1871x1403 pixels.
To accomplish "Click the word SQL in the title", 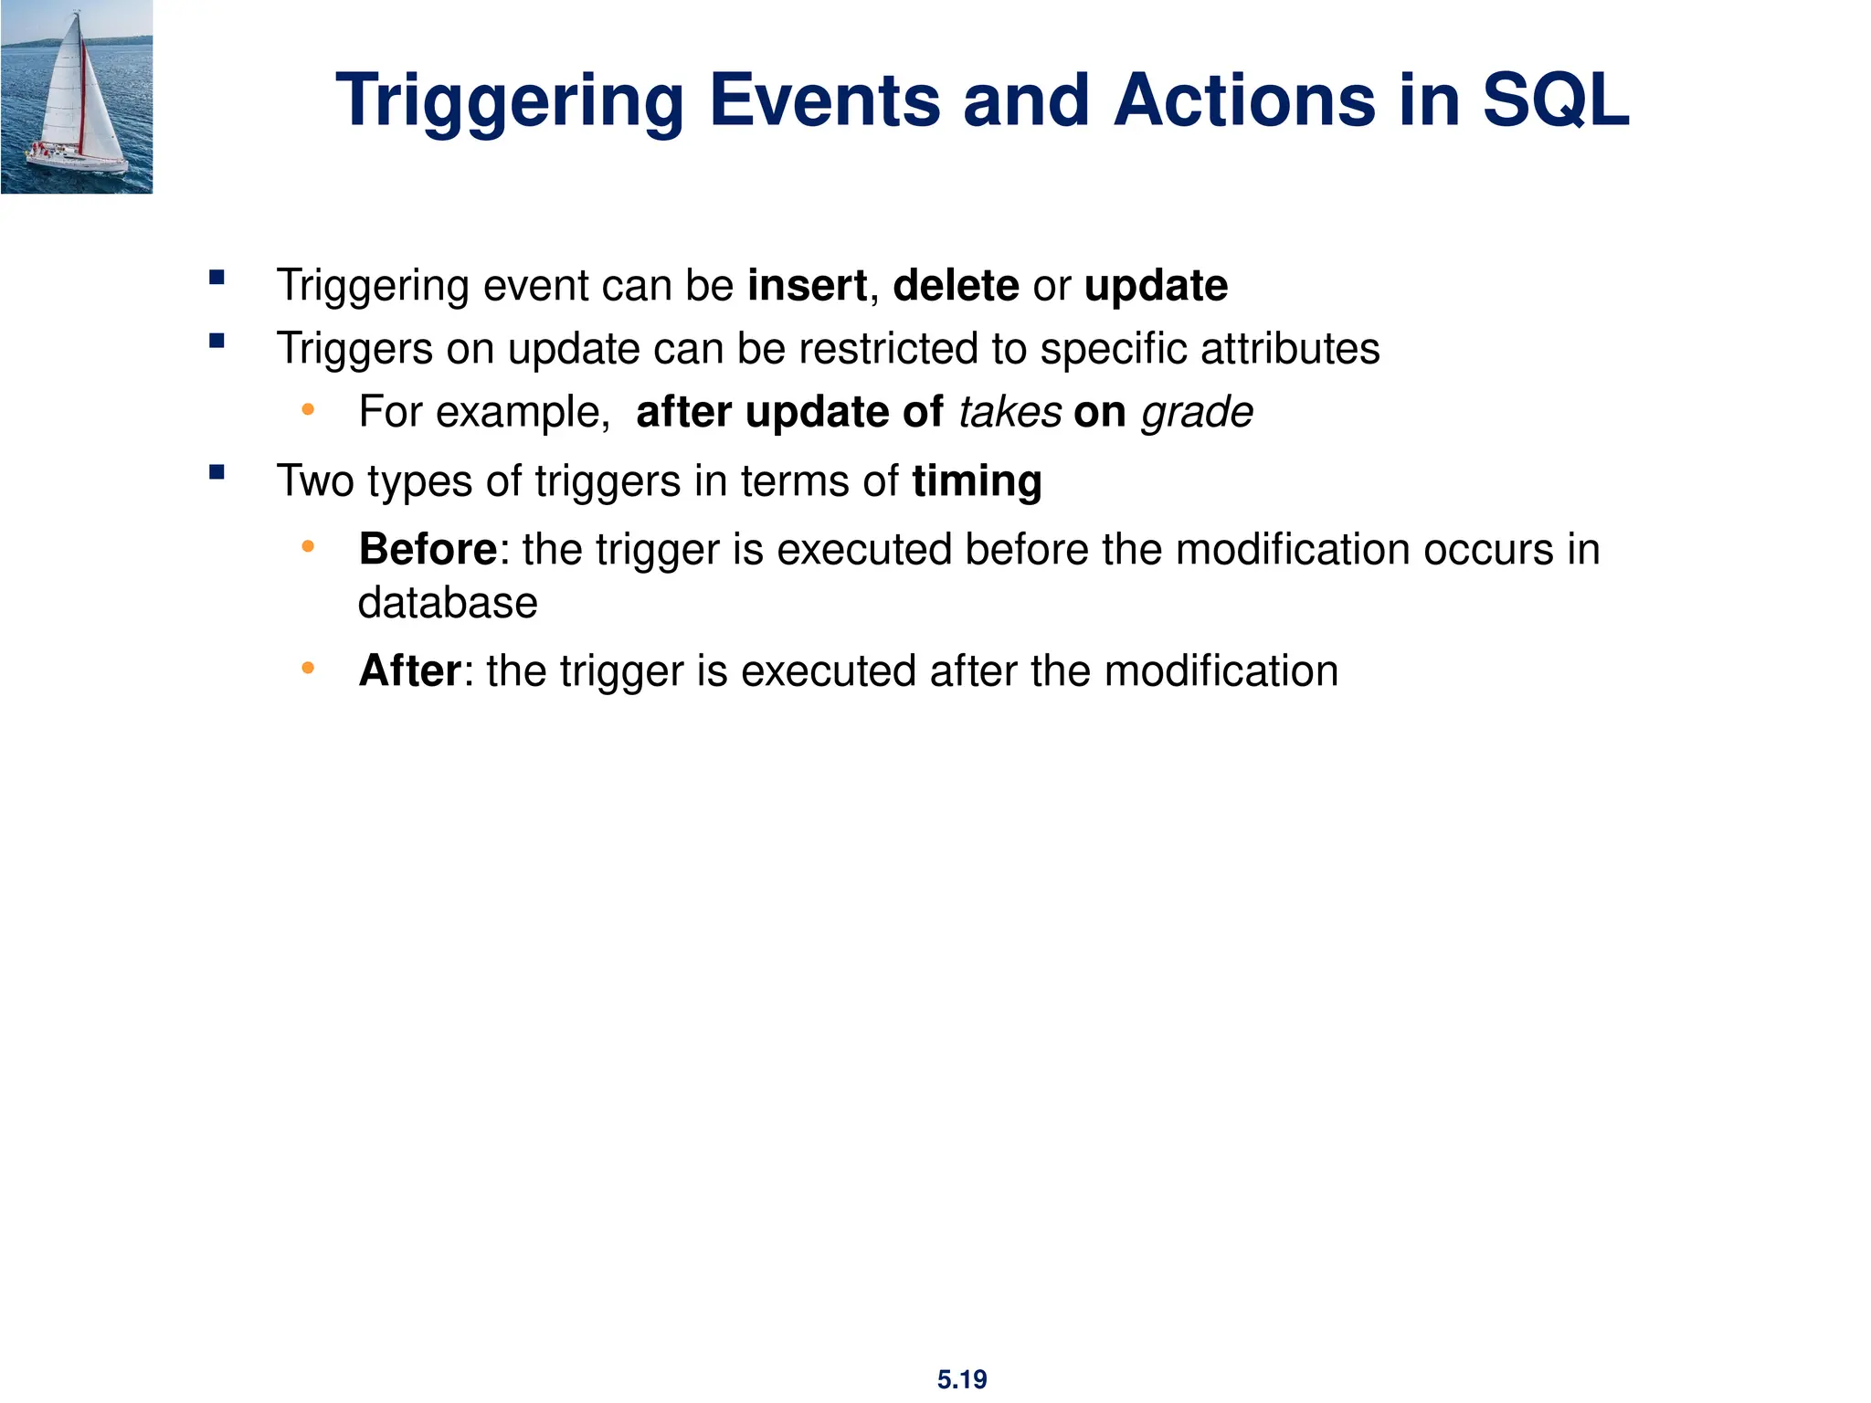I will pyautogui.click(x=1555, y=100).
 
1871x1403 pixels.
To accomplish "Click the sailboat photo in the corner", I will pyautogui.click(x=77, y=97).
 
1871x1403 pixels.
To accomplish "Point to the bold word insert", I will pyautogui.click(x=807, y=286).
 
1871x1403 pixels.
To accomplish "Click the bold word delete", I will pyautogui.click(x=956, y=286).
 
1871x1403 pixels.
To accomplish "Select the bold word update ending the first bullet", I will pyautogui.click(x=1156, y=287).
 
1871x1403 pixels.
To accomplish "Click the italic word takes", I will pyautogui.click(x=1009, y=412).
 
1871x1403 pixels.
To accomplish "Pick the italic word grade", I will pyautogui.click(x=1197, y=413).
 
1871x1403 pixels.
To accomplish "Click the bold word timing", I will pyautogui.click(x=977, y=482).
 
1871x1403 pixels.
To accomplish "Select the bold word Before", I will pyautogui.click(x=428, y=550).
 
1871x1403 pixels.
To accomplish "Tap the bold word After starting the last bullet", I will pyautogui.click(x=410, y=671).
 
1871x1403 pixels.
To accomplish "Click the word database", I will pyautogui.click(x=448, y=603).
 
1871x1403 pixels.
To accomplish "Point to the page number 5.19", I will pyautogui.click(x=962, y=1379).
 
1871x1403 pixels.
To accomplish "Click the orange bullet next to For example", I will pyautogui.click(x=308, y=410).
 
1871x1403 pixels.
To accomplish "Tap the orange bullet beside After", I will pyautogui.click(x=308, y=670).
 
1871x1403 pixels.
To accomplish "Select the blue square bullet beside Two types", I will pyautogui.click(x=217, y=472).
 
